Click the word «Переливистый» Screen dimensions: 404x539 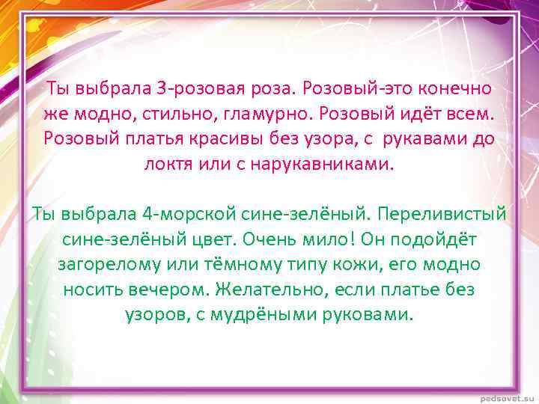pyautogui.click(x=442, y=214)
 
